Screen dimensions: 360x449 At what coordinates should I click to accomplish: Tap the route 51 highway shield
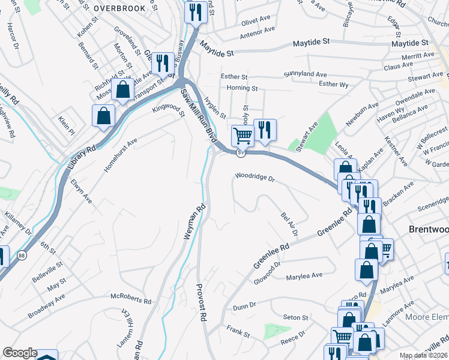tap(240, 153)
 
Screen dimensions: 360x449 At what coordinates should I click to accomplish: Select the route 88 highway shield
tap(22, 254)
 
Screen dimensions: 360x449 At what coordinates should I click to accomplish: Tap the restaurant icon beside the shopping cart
tap(264, 129)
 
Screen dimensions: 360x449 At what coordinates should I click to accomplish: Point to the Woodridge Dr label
tap(255, 178)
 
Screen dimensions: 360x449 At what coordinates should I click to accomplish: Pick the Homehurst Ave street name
tap(121, 155)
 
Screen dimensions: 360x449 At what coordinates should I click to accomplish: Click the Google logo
tap(20, 353)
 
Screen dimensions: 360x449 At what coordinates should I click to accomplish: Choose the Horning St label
tap(243, 88)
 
